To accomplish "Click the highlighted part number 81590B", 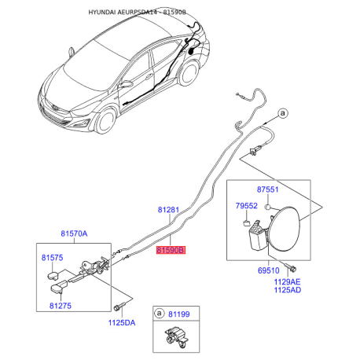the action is (171, 250).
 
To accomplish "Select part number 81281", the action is (168, 210).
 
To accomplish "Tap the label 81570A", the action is (74, 233).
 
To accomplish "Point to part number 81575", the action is (52, 258).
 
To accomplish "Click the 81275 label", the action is (61, 306).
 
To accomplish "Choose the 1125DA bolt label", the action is (122, 322).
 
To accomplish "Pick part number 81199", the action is (179, 314).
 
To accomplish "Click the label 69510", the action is (269, 270).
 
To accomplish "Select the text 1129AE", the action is (288, 282).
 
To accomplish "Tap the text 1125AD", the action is (288, 290).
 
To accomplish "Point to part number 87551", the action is (267, 189).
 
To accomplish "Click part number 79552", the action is (246, 206).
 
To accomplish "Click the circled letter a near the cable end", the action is (282, 113).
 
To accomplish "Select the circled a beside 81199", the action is (159, 314).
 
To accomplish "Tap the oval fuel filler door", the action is (285, 229).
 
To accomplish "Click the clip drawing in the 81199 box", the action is (176, 338).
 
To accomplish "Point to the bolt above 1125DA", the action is (119, 307).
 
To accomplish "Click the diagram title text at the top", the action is (137, 12).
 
